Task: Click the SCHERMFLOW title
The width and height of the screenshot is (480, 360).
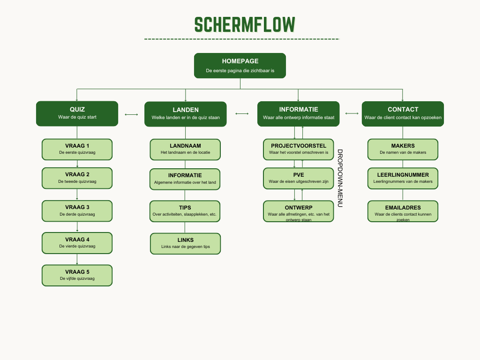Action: pyautogui.click(x=245, y=24)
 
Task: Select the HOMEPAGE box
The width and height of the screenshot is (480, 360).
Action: pyautogui.click(x=240, y=65)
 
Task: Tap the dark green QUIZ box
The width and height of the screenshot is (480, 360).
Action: pyautogui.click(x=77, y=113)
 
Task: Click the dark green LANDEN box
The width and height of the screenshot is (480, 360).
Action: pyautogui.click(x=186, y=114)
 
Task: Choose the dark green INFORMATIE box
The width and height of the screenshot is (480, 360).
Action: pyautogui.click(x=299, y=113)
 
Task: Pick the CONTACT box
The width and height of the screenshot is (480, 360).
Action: pyautogui.click(x=403, y=113)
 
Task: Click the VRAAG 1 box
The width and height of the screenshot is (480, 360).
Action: pyautogui.click(x=77, y=149)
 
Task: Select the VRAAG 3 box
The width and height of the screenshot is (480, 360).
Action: pyautogui.click(x=77, y=211)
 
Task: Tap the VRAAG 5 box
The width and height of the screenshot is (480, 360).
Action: pyautogui.click(x=77, y=275)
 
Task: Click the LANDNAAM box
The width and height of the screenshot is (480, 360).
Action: pyautogui.click(x=185, y=149)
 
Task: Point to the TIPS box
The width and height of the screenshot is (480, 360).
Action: pyautogui.click(x=185, y=211)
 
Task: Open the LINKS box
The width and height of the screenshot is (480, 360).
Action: pyautogui.click(x=185, y=243)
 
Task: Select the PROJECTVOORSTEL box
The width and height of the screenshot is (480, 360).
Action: pyautogui.click(x=299, y=149)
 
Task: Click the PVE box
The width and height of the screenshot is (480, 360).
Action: pyautogui.click(x=299, y=178)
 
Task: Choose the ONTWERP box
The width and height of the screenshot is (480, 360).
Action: pyautogui.click(x=299, y=211)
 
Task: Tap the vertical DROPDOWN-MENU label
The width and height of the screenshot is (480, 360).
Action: pyautogui.click(x=340, y=178)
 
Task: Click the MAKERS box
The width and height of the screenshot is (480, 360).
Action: pyautogui.click(x=403, y=149)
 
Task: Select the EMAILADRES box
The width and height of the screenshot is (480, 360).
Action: pyautogui.click(x=403, y=211)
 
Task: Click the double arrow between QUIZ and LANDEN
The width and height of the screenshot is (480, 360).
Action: pyautogui.click(x=131, y=114)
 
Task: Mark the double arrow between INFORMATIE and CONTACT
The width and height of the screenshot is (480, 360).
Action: pyautogui.click(x=352, y=113)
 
